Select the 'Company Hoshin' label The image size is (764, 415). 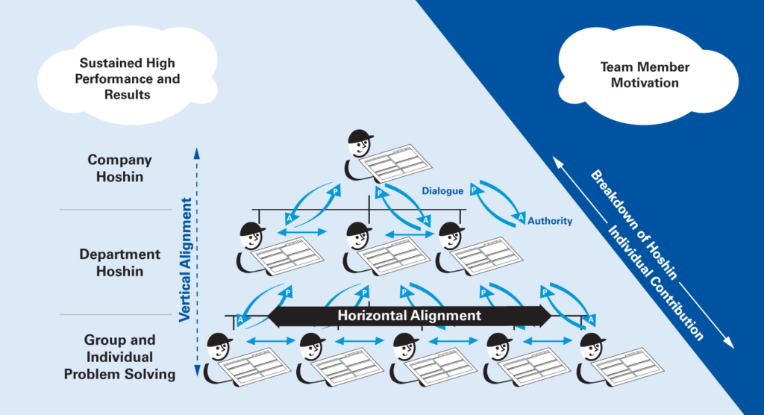(x=119, y=167)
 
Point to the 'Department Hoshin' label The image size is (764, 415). (x=119, y=263)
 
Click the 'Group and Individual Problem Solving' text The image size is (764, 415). (x=119, y=357)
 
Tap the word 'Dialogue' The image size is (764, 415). (x=442, y=191)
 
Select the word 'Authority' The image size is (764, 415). (x=550, y=221)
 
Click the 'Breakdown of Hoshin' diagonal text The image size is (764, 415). (x=634, y=225)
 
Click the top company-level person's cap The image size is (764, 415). (x=361, y=136)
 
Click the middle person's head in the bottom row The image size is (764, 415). (x=407, y=348)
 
